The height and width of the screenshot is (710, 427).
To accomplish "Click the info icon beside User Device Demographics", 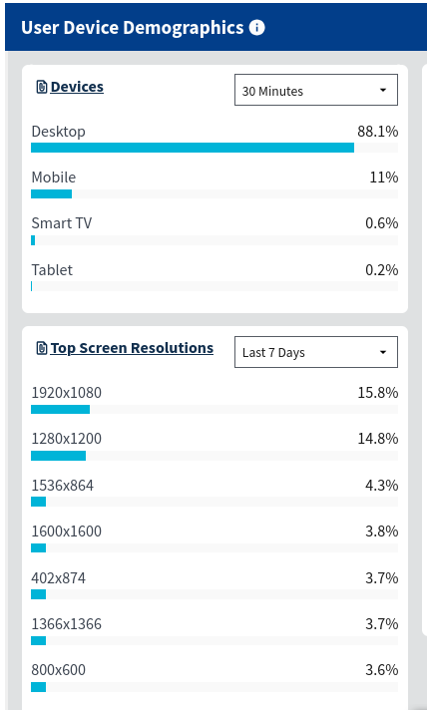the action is click(256, 28).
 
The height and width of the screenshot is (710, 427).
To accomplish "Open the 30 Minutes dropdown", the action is click(316, 90).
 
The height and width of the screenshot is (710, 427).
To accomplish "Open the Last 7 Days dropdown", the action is click(316, 352).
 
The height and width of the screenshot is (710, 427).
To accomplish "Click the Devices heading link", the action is click(77, 87).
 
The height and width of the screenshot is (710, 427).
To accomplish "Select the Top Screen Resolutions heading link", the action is click(132, 348).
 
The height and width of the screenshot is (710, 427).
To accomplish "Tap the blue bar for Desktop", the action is click(193, 148).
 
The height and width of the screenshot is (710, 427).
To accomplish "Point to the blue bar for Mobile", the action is click(51, 193).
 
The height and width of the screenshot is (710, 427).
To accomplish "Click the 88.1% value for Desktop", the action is click(378, 132).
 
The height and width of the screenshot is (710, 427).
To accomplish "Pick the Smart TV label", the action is click(62, 223).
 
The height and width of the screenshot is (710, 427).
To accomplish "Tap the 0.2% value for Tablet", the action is click(382, 270).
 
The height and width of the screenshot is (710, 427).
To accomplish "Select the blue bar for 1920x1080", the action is click(60, 409).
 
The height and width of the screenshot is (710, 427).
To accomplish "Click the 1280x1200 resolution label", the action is click(67, 439).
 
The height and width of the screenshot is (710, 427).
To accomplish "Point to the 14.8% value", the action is click(378, 439).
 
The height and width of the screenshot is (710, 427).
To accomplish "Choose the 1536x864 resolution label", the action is click(63, 486).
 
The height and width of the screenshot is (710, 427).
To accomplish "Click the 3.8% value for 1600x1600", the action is click(382, 531).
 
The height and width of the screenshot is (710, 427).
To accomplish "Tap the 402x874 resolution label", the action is click(59, 577).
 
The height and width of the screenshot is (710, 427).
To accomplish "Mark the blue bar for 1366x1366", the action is click(39, 640).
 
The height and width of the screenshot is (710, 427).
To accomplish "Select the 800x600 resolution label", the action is click(59, 670).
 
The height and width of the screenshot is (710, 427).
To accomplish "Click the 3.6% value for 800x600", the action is click(382, 670).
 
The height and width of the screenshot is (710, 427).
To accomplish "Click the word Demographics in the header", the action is click(184, 28).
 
